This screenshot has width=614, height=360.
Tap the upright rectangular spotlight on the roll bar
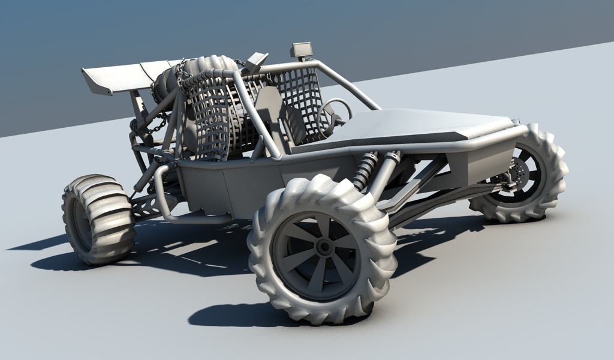[x=302, y=50]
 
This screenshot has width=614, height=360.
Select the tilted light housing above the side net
[x=257, y=61]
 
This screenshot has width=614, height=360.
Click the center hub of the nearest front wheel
[x=324, y=247]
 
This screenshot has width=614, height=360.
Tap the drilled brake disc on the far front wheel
[x=517, y=174]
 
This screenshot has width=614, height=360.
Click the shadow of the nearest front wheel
[x=240, y=315]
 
